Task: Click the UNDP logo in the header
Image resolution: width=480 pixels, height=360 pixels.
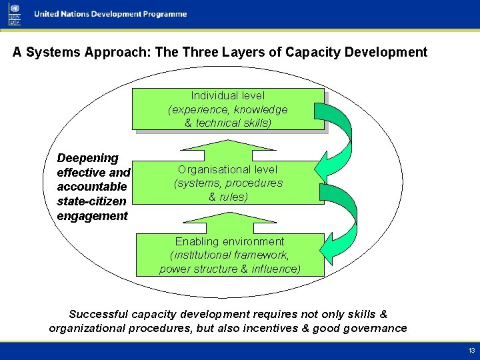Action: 15,14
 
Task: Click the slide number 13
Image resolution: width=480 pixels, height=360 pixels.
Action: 471,351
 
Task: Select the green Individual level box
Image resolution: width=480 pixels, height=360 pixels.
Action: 228,109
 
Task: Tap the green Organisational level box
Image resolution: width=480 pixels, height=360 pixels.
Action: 228,183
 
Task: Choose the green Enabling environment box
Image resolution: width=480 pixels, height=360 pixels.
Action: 230,255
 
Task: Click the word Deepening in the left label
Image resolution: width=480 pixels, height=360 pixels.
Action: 88,158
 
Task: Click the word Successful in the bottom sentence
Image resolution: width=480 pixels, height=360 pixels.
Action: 99,314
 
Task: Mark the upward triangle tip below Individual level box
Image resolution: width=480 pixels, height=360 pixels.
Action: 228,141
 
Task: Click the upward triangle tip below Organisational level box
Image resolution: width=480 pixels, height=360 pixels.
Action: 228,213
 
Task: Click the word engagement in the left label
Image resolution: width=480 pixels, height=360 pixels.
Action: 93,216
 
